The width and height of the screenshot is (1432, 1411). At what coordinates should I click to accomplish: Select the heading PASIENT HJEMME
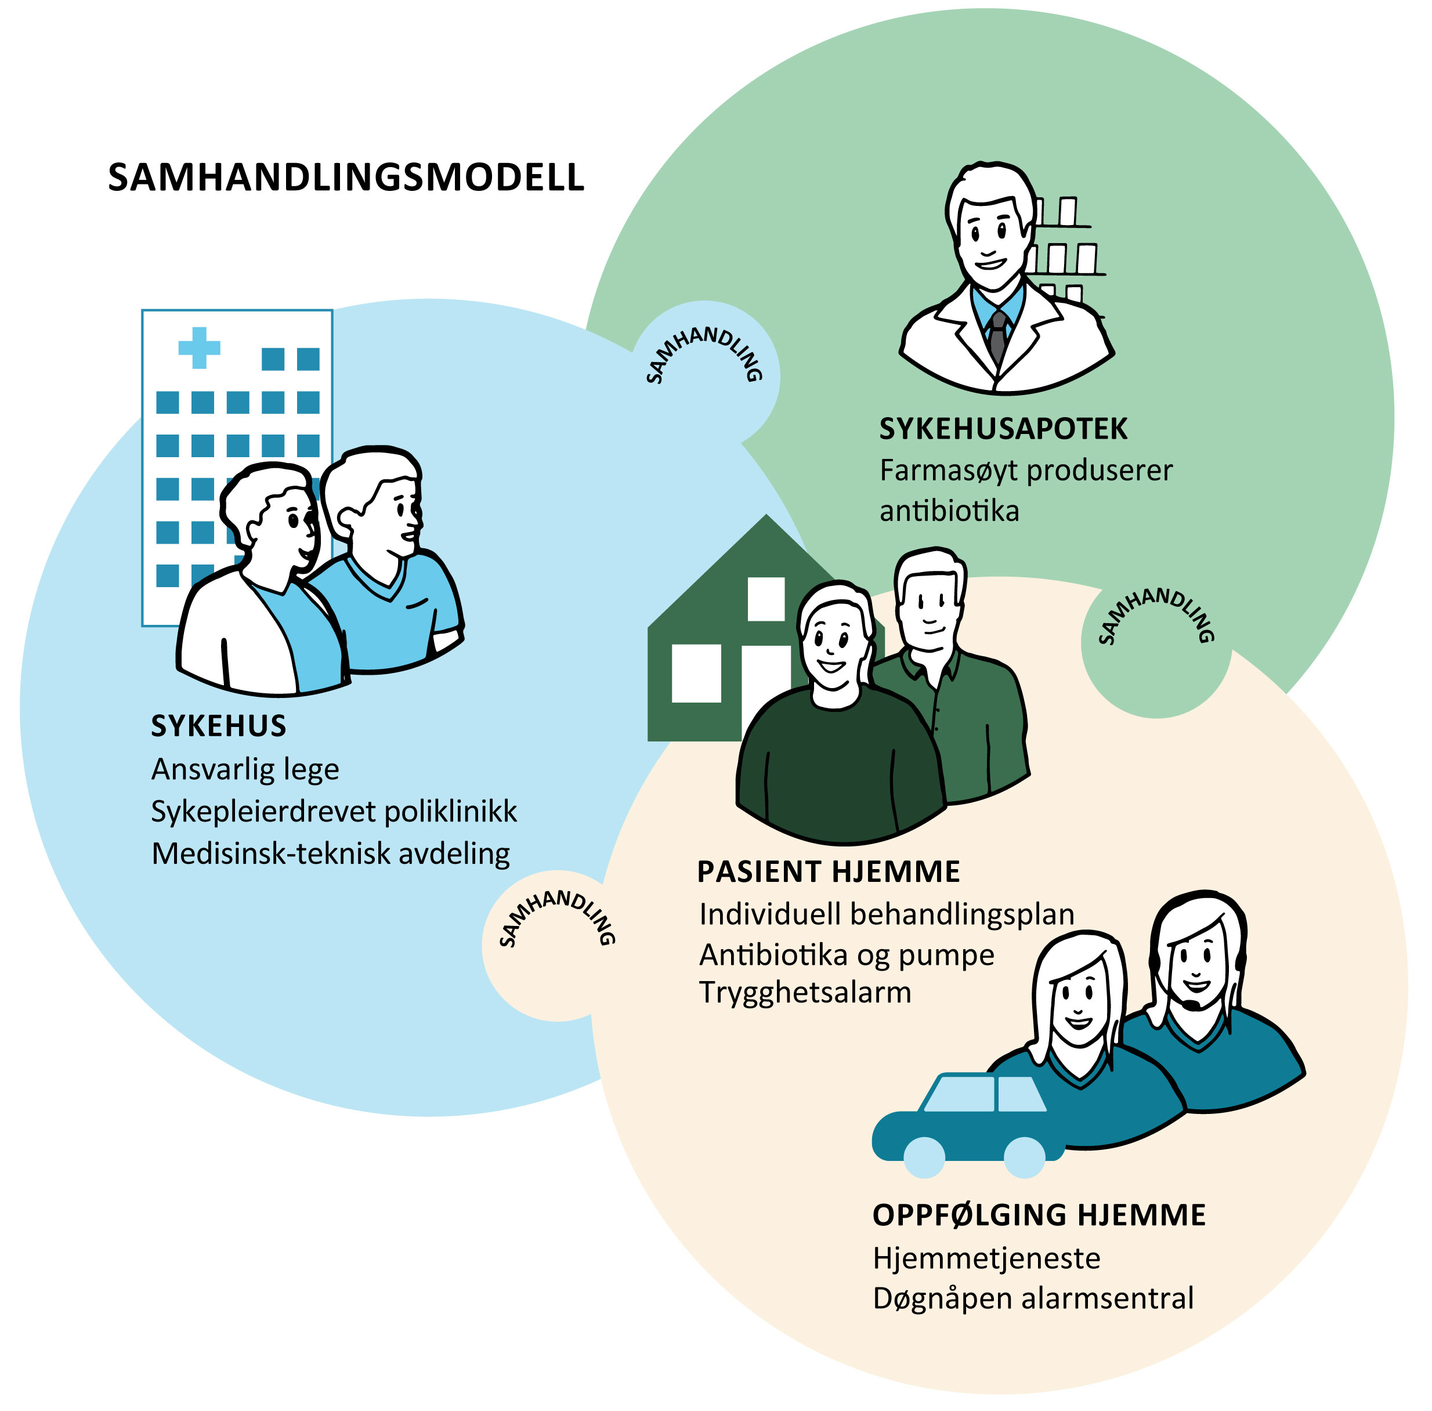pyautogui.click(x=829, y=872)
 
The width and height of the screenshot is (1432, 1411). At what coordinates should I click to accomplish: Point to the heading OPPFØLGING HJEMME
pyautogui.click(x=1039, y=1215)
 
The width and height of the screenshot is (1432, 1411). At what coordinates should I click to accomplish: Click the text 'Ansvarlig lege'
pyautogui.click(x=245, y=770)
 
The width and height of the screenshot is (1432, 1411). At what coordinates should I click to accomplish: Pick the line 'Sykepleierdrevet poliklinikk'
pyautogui.click(x=334, y=812)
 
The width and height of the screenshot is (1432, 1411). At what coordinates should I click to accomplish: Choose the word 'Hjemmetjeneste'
pyautogui.click(x=986, y=1258)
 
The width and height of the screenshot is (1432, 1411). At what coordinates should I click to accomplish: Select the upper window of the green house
pyautogui.click(x=766, y=599)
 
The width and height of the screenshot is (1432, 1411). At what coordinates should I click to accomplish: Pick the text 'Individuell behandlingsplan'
pyautogui.click(x=887, y=914)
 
